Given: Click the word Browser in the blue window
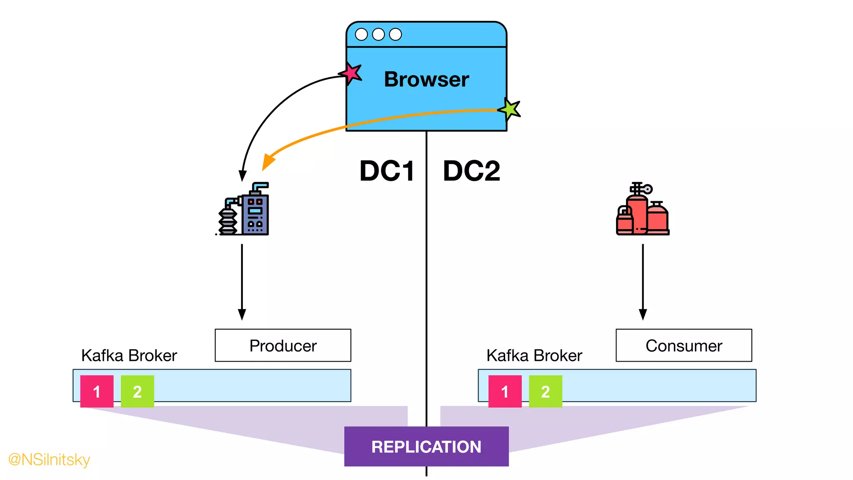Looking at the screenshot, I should (x=426, y=79).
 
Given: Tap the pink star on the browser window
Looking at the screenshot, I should (x=351, y=73).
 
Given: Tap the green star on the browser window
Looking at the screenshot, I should (x=510, y=109).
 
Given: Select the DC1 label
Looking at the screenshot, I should (x=387, y=171).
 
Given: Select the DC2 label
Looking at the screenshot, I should (x=471, y=171).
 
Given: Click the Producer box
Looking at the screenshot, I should (x=283, y=345).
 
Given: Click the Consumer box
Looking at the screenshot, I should (x=683, y=345).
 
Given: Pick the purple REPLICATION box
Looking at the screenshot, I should (x=426, y=446).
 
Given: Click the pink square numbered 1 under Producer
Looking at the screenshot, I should (x=97, y=391).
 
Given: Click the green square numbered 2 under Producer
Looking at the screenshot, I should (x=137, y=391).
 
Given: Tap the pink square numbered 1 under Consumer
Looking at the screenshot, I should (x=505, y=391).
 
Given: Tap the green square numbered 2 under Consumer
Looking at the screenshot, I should (x=546, y=391).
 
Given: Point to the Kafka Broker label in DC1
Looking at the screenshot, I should (x=129, y=355).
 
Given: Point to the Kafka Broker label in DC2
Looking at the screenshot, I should (x=534, y=355).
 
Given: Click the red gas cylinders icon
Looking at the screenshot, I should (x=642, y=210).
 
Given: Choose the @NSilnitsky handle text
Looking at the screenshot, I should (x=49, y=459).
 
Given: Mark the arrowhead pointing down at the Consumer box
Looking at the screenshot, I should (x=643, y=314).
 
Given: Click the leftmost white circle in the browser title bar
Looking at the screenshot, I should (x=361, y=34).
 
